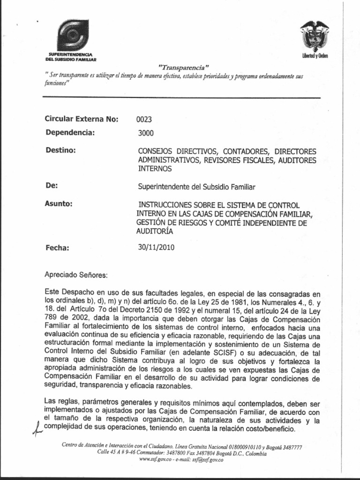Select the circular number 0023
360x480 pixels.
point(144,120)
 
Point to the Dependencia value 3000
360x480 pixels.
point(146,133)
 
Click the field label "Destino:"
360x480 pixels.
point(60,150)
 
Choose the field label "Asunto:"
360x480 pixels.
point(59,204)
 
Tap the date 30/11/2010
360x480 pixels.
point(156,247)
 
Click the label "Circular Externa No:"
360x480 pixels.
point(82,119)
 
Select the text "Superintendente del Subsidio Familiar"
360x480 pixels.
point(196,187)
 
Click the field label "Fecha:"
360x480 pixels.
point(57,248)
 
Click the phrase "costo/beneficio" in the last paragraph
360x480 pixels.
point(272,429)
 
